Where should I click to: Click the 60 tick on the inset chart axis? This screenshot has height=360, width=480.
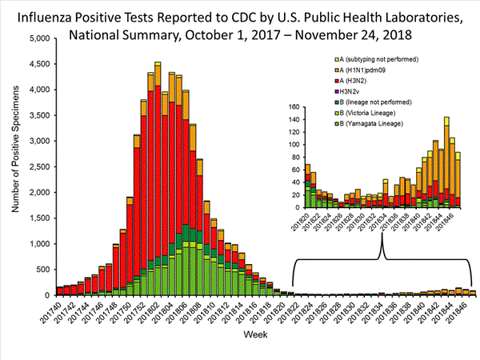tap(294, 170)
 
